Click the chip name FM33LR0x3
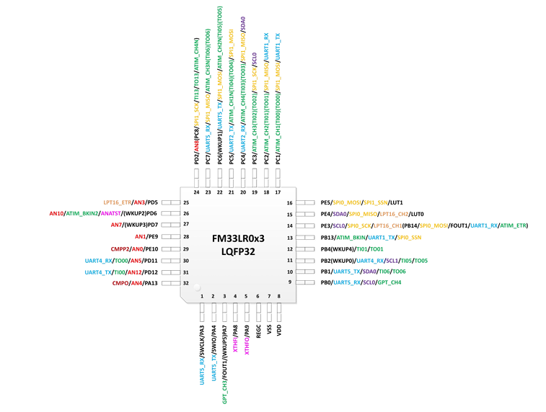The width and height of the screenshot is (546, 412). (238, 238)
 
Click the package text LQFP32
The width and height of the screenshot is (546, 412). (238, 252)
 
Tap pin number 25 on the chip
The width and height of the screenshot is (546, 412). (186, 203)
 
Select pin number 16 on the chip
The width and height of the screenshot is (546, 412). (290, 203)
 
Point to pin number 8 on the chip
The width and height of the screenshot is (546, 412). (278, 296)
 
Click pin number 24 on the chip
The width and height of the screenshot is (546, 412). (197, 192)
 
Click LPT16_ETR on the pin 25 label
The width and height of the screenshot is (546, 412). (117, 202)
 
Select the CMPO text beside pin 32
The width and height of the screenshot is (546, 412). (120, 283)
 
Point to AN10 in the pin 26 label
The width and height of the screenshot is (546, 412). (57, 214)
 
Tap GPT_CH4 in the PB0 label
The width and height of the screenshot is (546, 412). (391, 283)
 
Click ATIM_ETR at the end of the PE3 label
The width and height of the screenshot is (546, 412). (514, 225)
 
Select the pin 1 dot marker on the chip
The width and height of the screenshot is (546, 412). (196, 288)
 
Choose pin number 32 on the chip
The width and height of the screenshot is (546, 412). (186, 283)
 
